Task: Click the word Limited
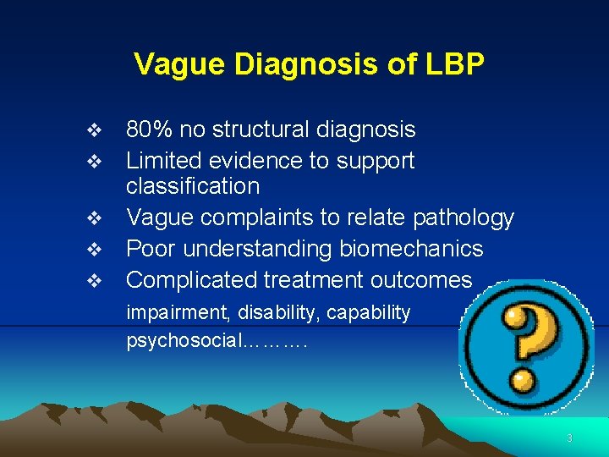(162, 160)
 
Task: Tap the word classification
(193, 186)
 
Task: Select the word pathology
(464, 217)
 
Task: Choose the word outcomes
(425, 279)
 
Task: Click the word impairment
(174, 313)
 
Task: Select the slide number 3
(569, 438)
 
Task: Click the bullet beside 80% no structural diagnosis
(95, 130)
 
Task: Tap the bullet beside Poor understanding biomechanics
(95, 250)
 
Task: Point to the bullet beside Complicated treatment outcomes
(95, 280)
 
